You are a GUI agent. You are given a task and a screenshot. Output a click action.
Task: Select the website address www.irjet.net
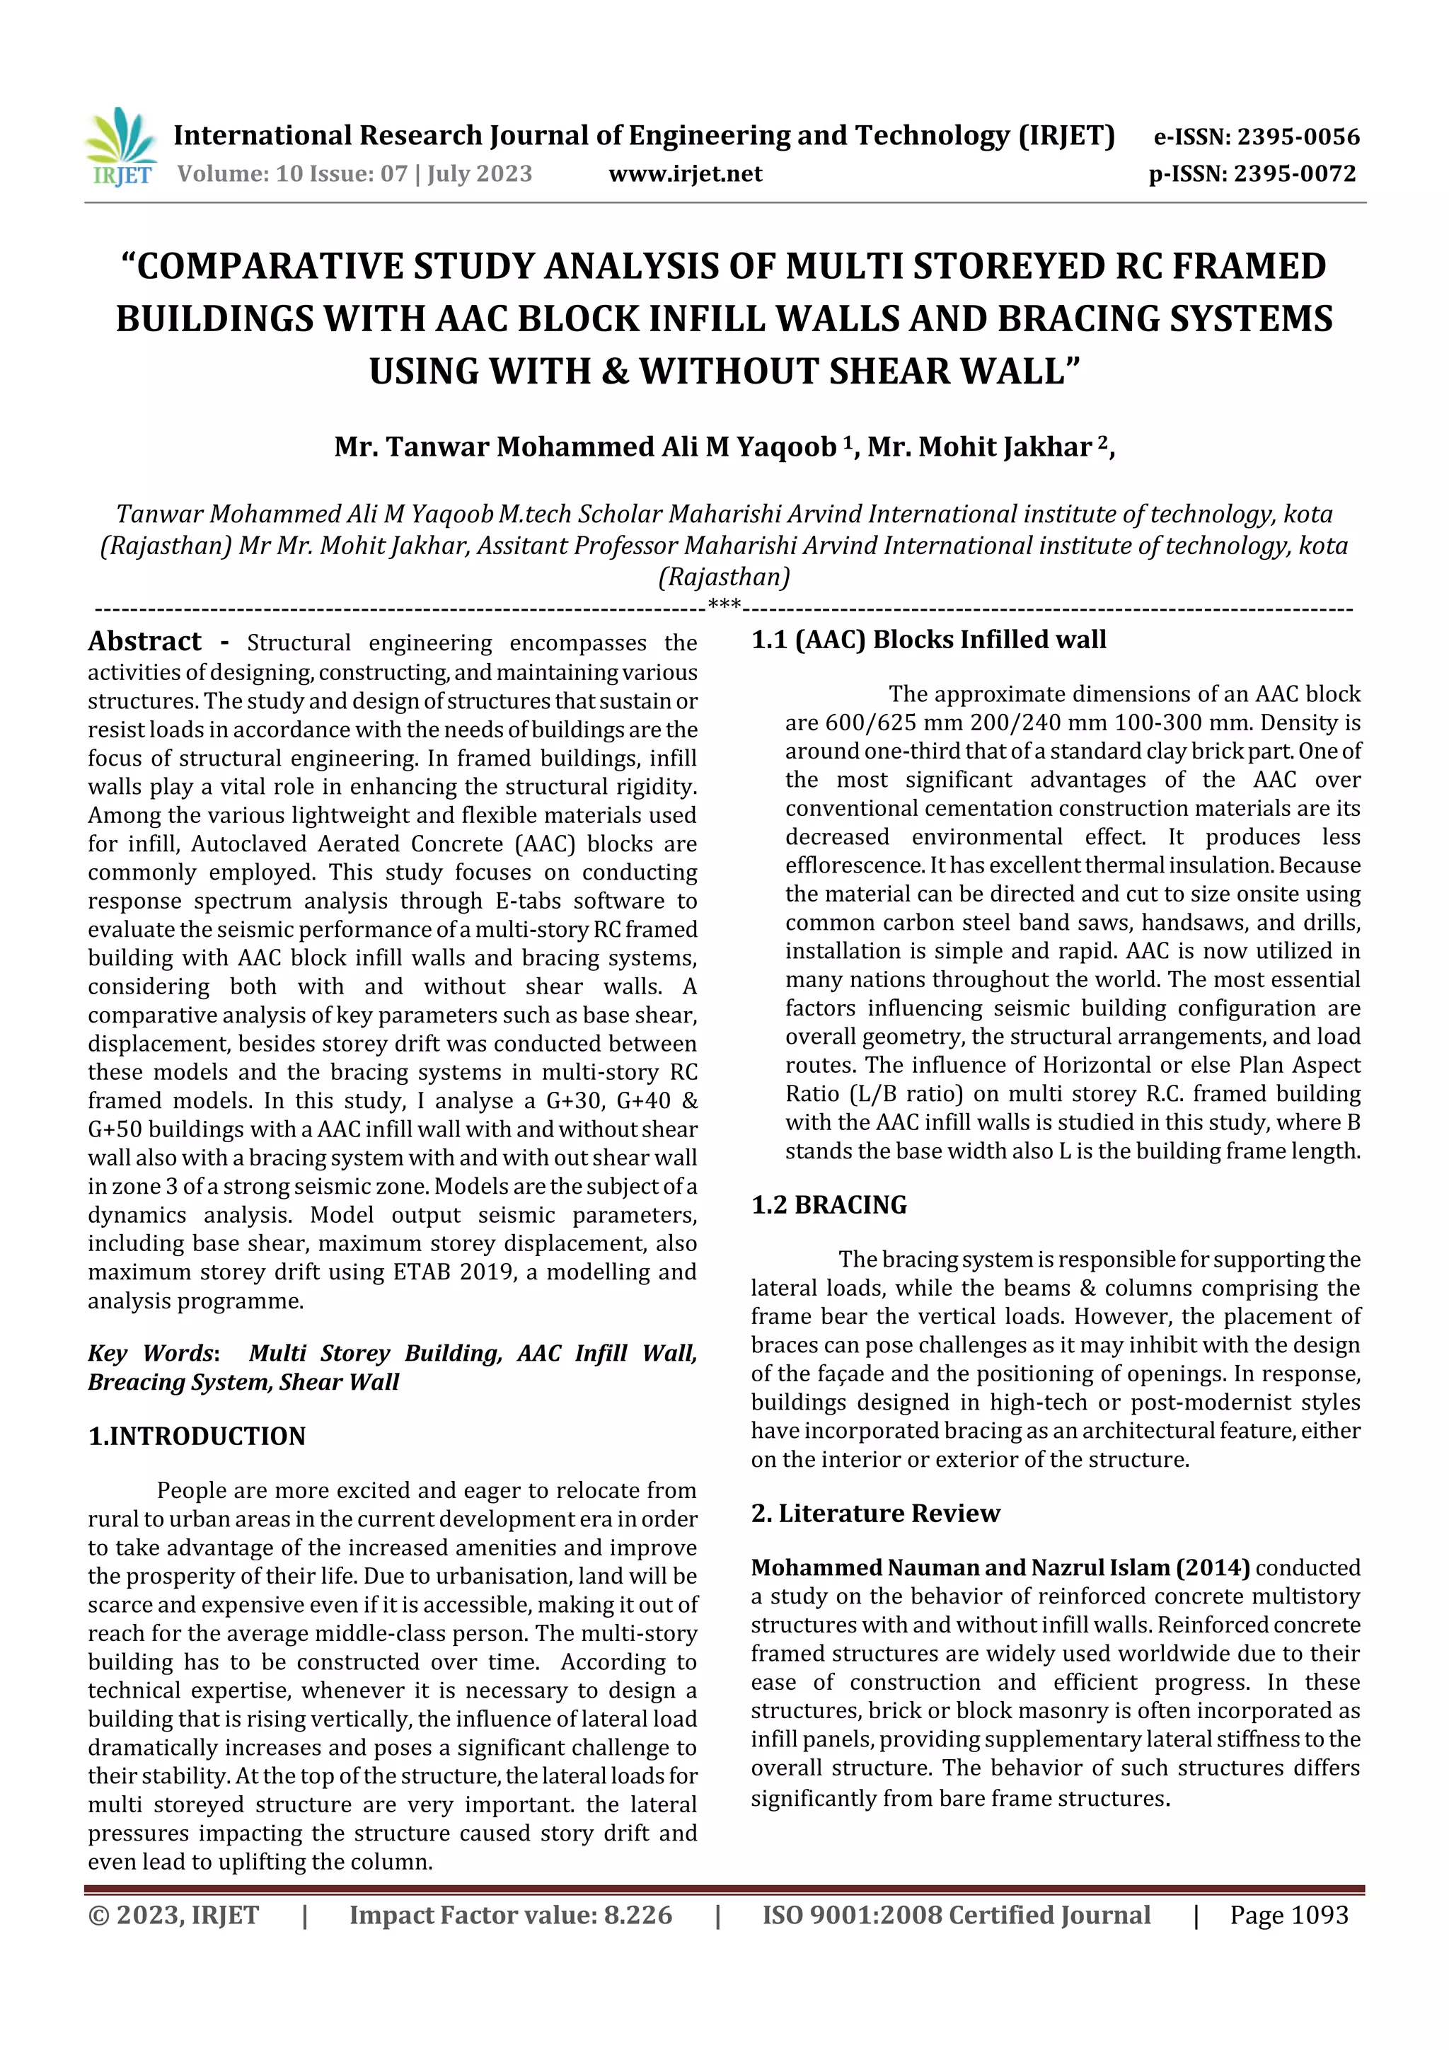coord(685,173)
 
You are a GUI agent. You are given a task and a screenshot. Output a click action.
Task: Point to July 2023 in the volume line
coord(480,173)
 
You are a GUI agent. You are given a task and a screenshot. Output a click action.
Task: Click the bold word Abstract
coord(144,641)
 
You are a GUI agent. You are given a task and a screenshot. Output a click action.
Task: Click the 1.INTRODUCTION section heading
coord(197,1436)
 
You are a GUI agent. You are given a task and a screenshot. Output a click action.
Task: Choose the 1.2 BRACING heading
coord(829,1204)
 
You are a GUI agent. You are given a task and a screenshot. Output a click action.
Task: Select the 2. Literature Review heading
coord(875,1512)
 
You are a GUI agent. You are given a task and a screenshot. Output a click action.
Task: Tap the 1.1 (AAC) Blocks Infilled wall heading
coord(928,639)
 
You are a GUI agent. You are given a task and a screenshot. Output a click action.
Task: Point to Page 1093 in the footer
coord(1288,1914)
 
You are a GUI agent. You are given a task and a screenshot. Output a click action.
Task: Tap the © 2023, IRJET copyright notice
coord(173,1914)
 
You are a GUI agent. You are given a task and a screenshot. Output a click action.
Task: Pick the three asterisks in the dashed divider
coord(724,604)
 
